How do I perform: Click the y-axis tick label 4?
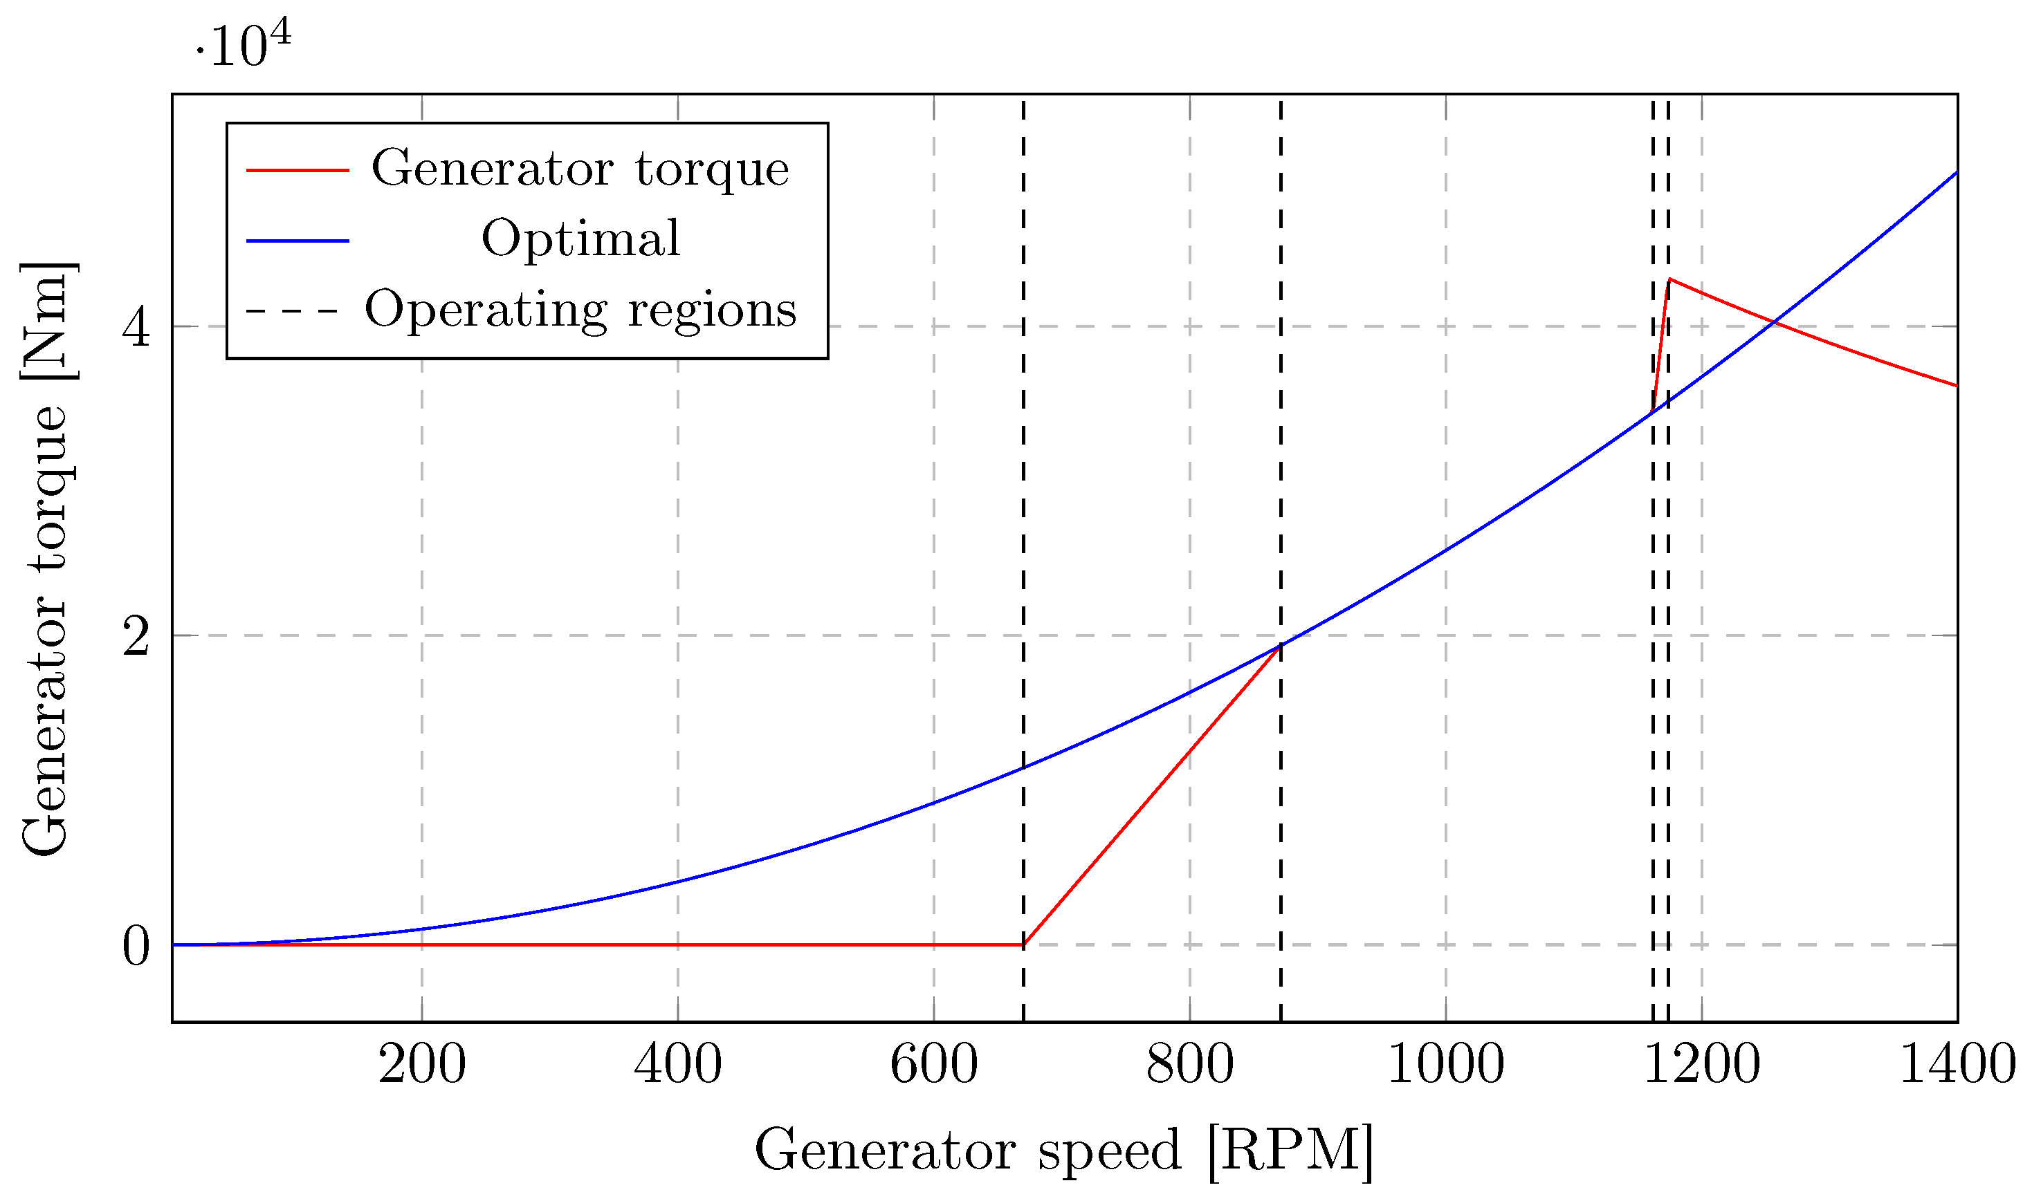136,328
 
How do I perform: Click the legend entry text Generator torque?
580,169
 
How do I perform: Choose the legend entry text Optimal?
580,239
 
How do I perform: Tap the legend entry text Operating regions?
580,310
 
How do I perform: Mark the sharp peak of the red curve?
1669,280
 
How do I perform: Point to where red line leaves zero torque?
1023,944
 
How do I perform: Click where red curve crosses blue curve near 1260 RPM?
1774,323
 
